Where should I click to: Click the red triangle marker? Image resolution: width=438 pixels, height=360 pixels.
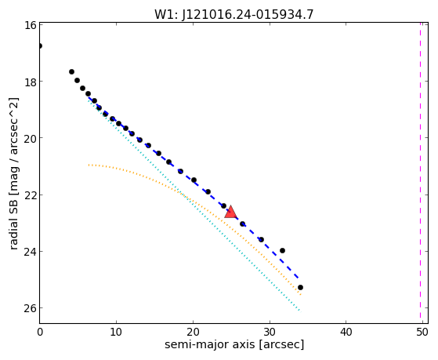pos(230,212)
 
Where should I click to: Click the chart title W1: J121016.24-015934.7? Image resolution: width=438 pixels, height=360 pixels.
pos(234,15)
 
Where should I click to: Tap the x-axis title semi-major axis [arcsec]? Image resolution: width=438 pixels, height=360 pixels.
pos(234,344)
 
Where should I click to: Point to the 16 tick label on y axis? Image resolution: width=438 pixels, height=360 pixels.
pos(30,25)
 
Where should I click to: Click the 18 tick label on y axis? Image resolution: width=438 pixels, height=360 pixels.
pos(30,82)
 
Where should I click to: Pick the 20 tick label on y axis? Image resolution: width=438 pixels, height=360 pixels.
pos(30,138)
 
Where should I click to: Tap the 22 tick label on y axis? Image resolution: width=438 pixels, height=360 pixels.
pos(30,195)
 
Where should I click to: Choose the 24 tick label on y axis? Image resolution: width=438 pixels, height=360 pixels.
pos(30,252)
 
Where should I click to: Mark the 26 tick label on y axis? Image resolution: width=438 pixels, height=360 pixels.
pos(30,308)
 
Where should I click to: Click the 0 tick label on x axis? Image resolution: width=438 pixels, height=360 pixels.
pos(40,332)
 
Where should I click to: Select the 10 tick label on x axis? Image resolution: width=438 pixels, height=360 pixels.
pos(116,332)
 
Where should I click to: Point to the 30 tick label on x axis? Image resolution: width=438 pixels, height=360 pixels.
pos(270,332)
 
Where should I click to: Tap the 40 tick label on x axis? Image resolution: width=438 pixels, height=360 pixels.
pos(346,332)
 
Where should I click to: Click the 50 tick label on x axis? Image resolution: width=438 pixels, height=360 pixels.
pos(422,332)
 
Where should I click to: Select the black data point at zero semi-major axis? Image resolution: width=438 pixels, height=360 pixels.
pos(40,45)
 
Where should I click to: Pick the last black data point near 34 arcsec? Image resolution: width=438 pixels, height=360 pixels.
pos(300,287)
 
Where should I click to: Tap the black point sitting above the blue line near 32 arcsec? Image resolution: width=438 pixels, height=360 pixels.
pos(282,250)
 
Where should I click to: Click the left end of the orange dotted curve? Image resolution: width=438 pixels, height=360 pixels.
pos(89,165)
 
